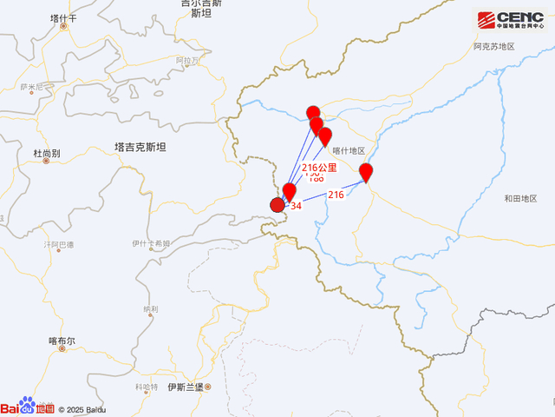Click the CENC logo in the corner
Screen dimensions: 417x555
tap(508, 21)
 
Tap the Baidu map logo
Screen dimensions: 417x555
tap(27, 407)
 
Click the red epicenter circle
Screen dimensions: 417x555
tap(277, 205)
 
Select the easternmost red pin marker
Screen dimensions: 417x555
tap(366, 172)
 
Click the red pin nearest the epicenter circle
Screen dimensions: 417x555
tap(290, 191)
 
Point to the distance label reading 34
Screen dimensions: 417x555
tap(296, 206)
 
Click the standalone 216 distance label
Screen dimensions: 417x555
tap(336, 195)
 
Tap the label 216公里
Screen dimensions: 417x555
tap(318, 168)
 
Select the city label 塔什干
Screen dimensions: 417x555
tap(63, 17)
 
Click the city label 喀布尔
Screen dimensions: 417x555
tap(62, 341)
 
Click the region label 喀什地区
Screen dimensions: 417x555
tap(349, 150)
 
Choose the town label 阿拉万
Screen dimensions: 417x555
tap(187, 60)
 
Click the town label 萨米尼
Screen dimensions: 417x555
tap(30, 87)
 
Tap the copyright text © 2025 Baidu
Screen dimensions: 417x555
tap(82, 408)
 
